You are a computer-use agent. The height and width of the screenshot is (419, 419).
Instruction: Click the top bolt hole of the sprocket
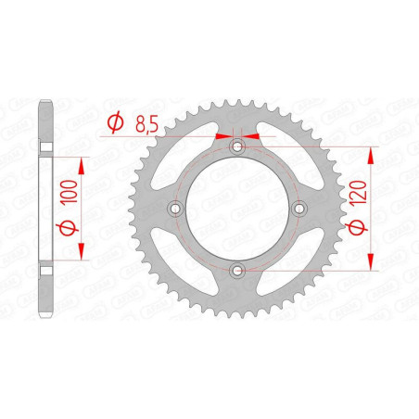(x=237, y=146)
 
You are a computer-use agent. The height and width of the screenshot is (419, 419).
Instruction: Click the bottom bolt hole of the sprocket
(x=237, y=271)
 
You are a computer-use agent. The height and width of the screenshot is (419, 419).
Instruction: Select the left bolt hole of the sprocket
(x=176, y=209)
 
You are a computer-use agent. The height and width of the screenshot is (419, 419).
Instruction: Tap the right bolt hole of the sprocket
(x=298, y=209)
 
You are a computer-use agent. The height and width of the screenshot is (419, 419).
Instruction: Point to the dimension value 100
(x=69, y=192)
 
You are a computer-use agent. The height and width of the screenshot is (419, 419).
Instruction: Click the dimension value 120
(x=358, y=193)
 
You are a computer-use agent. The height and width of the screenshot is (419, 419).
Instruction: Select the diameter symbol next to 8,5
(x=115, y=122)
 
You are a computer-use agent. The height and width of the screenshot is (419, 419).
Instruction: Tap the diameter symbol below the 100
(x=67, y=228)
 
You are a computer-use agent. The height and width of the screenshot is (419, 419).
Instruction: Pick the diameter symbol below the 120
(x=358, y=227)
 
